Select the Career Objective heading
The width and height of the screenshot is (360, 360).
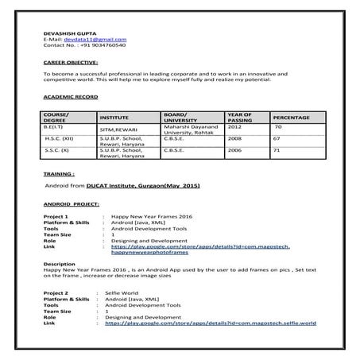[71, 61]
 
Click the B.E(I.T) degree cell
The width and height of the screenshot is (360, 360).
[55, 126]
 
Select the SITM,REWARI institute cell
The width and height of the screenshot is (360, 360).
[115, 130]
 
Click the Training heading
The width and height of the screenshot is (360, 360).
[60, 172]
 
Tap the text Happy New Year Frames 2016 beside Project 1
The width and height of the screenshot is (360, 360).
[153, 215]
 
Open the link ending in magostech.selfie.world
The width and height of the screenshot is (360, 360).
[211, 323]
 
